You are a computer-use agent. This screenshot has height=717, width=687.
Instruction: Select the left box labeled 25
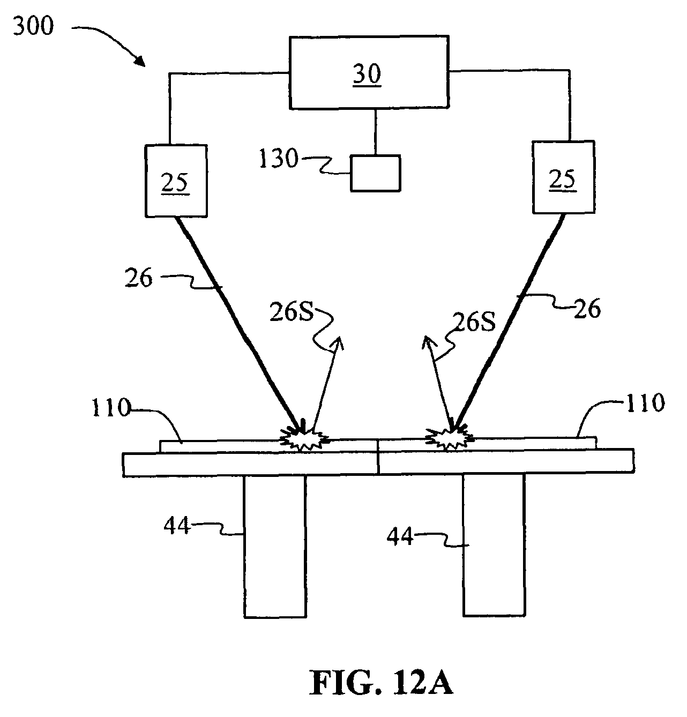(176, 181)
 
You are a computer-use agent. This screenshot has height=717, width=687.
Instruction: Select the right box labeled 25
(563, 177)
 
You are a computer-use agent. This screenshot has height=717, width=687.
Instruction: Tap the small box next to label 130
(375, 173)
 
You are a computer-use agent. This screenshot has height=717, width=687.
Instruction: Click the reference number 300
(33, 25)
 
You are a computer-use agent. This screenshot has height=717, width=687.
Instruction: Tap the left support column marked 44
(275, 546)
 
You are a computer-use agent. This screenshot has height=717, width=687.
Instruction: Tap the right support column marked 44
(494, 544)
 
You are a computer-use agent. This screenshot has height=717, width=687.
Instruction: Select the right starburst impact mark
(449, 438)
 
